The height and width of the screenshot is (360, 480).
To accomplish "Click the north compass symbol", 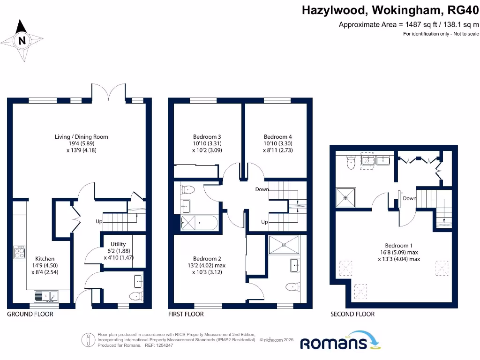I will click(22, 41).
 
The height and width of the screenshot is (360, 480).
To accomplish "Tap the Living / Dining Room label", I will click(81, 137).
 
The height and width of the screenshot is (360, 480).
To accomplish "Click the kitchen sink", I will click(46, 296).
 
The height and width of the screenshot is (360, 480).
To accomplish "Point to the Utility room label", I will click(118, 244).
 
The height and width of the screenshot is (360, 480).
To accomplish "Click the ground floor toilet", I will click(135, 296).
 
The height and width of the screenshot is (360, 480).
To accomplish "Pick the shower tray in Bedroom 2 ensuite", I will click(284, 244).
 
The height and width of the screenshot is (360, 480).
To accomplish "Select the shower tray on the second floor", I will click(346, 197).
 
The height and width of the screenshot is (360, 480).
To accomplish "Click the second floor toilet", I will click(349, 163).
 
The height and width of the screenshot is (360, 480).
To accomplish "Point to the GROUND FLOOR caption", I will click(30, 314).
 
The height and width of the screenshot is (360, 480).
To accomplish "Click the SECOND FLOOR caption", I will click(352, 314).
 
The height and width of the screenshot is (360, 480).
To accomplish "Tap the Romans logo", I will click(333, 342).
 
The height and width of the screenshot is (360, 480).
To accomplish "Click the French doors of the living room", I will click(109, 92).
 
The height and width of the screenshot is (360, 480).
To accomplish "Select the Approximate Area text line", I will click(409, 25).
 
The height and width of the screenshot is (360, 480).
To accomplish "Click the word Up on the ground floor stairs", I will click(98, 221).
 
